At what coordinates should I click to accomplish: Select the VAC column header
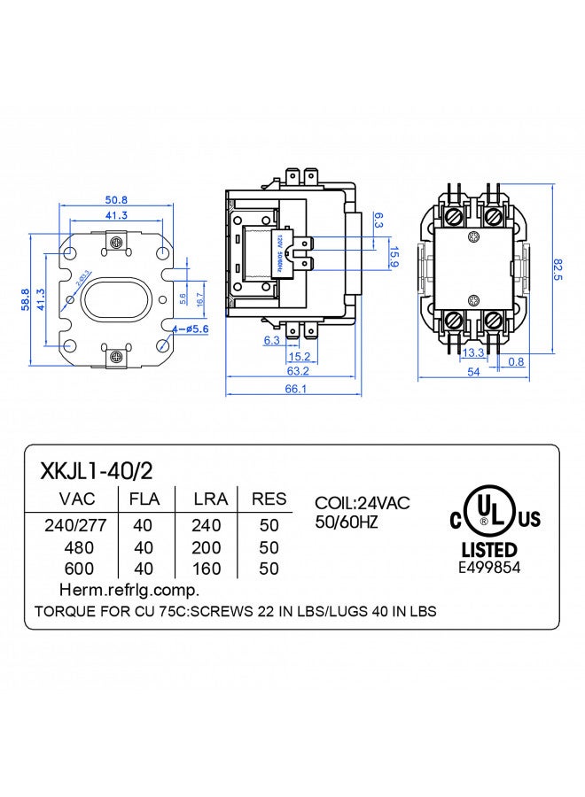76,499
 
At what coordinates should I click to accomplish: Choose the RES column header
269,499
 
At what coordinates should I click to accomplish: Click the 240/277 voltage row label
75,526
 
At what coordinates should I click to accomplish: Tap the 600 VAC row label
76,569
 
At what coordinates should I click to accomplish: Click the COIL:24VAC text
363,503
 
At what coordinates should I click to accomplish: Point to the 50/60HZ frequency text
347,522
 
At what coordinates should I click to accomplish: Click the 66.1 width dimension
296,389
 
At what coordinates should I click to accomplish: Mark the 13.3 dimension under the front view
472,352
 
